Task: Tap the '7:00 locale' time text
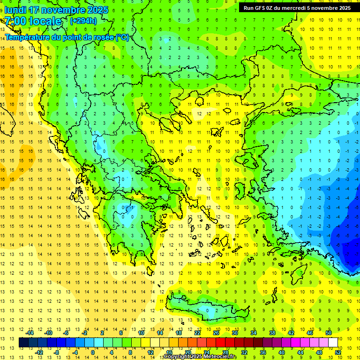click(x=33, y=21)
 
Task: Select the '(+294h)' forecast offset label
click(x=83, y=21)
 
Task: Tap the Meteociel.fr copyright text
click(x=200, y=357)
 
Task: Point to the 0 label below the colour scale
click(x=93, y=352)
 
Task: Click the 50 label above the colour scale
click(x=329, y=333)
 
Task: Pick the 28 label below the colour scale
click(x=225, y=352)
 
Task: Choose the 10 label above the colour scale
click(x=141, y=333)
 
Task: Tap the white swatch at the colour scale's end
click(x=333, y=342)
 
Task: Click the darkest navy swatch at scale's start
click(x=23, y=342)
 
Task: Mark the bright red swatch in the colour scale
click(x=220, y=342)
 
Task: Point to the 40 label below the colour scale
click(x=281, y=352)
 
